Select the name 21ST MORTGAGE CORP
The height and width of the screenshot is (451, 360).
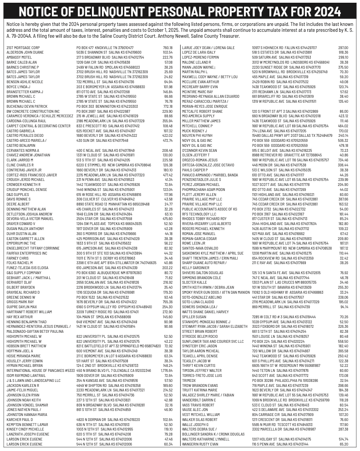tap(23, 47)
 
